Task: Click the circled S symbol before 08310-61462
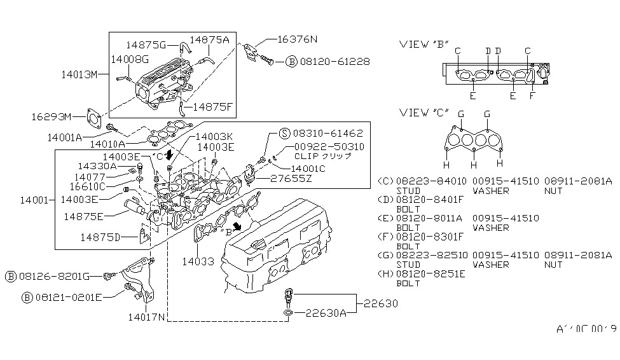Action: (x=284, y=134)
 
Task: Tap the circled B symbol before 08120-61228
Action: (x=291, y=62)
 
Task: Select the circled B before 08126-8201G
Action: (x=11, y=276)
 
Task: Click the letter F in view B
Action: (x=533, y=97)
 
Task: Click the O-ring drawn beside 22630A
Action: (x=288, y=314)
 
